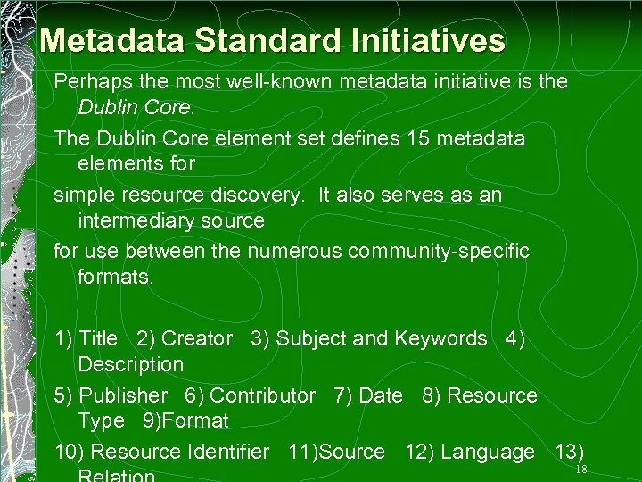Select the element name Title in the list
(x=98, y=339)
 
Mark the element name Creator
(x=196, y=339)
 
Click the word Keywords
(x=440, y=339)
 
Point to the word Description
(x=130, y=364)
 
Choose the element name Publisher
(x=123, y=395)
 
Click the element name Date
(x=381, y=395)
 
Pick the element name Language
(x=487, y=453)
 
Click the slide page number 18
(x=581, y=470)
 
